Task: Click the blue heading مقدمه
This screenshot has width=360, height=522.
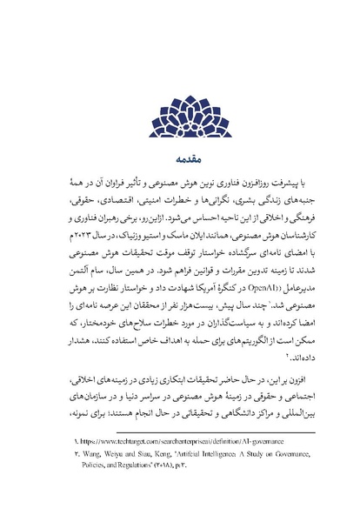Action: click(x=179, y=160)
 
